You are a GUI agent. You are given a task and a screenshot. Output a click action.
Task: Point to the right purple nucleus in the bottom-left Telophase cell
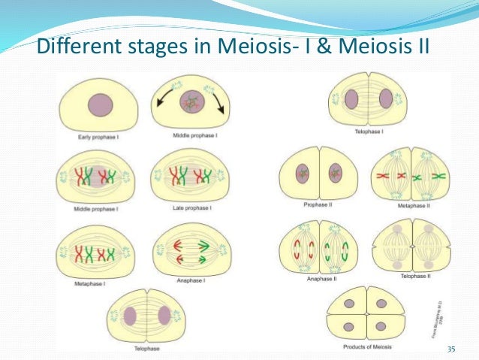pyautogui.click(x=164, y=313)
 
